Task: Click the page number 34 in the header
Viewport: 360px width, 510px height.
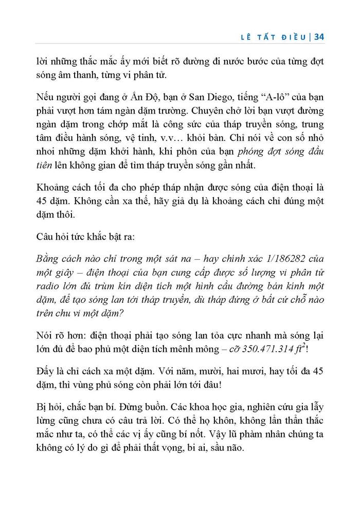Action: tap(318, 37)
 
